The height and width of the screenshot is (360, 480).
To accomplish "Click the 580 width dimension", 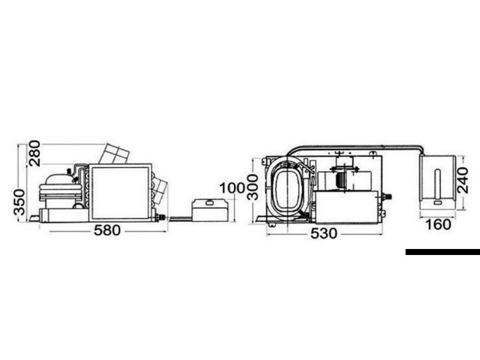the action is [107, 230].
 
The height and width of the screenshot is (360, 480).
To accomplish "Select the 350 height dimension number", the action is [19, 202].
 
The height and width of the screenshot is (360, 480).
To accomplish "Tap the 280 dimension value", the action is [34, 153].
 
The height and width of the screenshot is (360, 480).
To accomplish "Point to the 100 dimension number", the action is [232, 188].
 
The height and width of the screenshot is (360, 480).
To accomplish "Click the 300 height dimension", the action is [253, 187].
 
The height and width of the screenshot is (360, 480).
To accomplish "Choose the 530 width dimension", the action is [324, 233].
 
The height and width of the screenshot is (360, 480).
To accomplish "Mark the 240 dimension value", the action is [463, 180].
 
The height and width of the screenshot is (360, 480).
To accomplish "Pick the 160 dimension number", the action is [439, 224].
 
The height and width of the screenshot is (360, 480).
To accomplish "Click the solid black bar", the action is [443, 252].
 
